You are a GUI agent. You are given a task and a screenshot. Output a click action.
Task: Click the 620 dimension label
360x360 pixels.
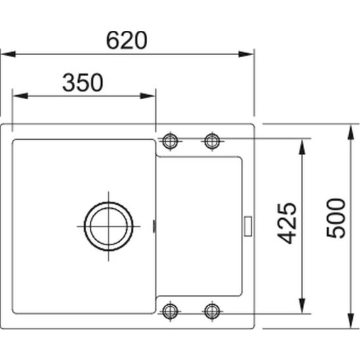127,41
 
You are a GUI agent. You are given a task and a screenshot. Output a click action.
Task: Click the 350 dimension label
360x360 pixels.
83,82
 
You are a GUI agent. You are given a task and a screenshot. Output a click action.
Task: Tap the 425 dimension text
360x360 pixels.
287,223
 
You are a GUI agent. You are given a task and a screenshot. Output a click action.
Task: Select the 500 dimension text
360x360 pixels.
336,218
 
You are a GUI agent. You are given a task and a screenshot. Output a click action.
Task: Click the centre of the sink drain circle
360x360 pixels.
108,227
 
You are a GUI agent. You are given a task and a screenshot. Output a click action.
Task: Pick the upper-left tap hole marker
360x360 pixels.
170,141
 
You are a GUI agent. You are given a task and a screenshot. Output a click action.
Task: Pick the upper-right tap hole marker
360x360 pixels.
212,141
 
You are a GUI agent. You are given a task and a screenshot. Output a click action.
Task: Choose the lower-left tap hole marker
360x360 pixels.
170,311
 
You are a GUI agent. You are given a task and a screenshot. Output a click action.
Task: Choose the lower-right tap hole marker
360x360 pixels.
212,311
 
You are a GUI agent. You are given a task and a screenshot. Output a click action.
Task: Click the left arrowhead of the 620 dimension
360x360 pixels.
9,55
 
